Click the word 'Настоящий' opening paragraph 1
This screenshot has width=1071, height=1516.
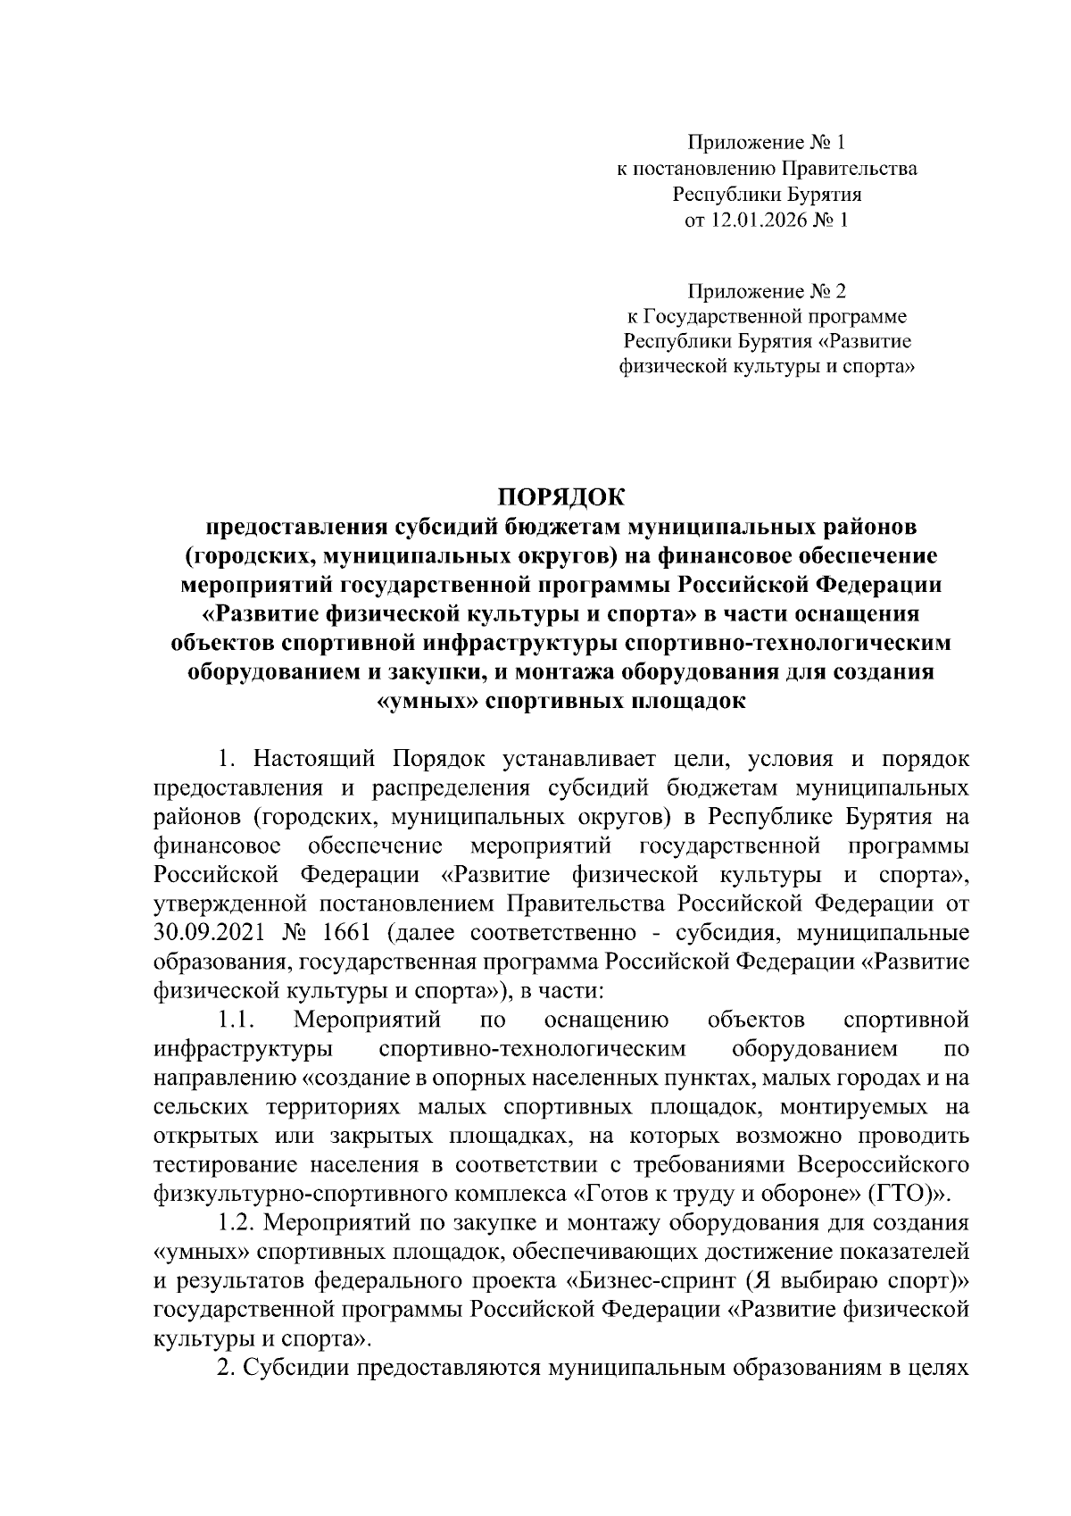[317, 760]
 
